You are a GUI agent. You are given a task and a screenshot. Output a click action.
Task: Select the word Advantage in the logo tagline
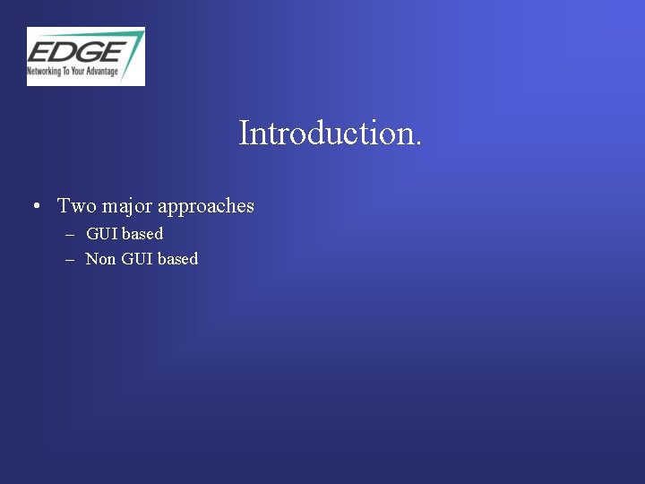101,71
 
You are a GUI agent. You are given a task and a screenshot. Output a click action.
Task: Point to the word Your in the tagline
77,71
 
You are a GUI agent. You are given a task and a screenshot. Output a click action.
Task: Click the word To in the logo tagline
65,71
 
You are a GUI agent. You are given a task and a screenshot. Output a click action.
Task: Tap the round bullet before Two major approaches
33,207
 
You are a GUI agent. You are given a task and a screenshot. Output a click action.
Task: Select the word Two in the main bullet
77,206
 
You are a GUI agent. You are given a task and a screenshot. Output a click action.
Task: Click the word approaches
206,207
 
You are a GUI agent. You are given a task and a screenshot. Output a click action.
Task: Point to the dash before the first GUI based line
70,235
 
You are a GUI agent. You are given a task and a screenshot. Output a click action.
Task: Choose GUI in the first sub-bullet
102,234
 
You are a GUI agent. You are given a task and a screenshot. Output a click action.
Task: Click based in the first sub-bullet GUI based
142,234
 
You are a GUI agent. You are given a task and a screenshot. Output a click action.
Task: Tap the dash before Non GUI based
70,260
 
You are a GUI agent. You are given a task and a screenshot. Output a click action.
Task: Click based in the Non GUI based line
177,259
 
